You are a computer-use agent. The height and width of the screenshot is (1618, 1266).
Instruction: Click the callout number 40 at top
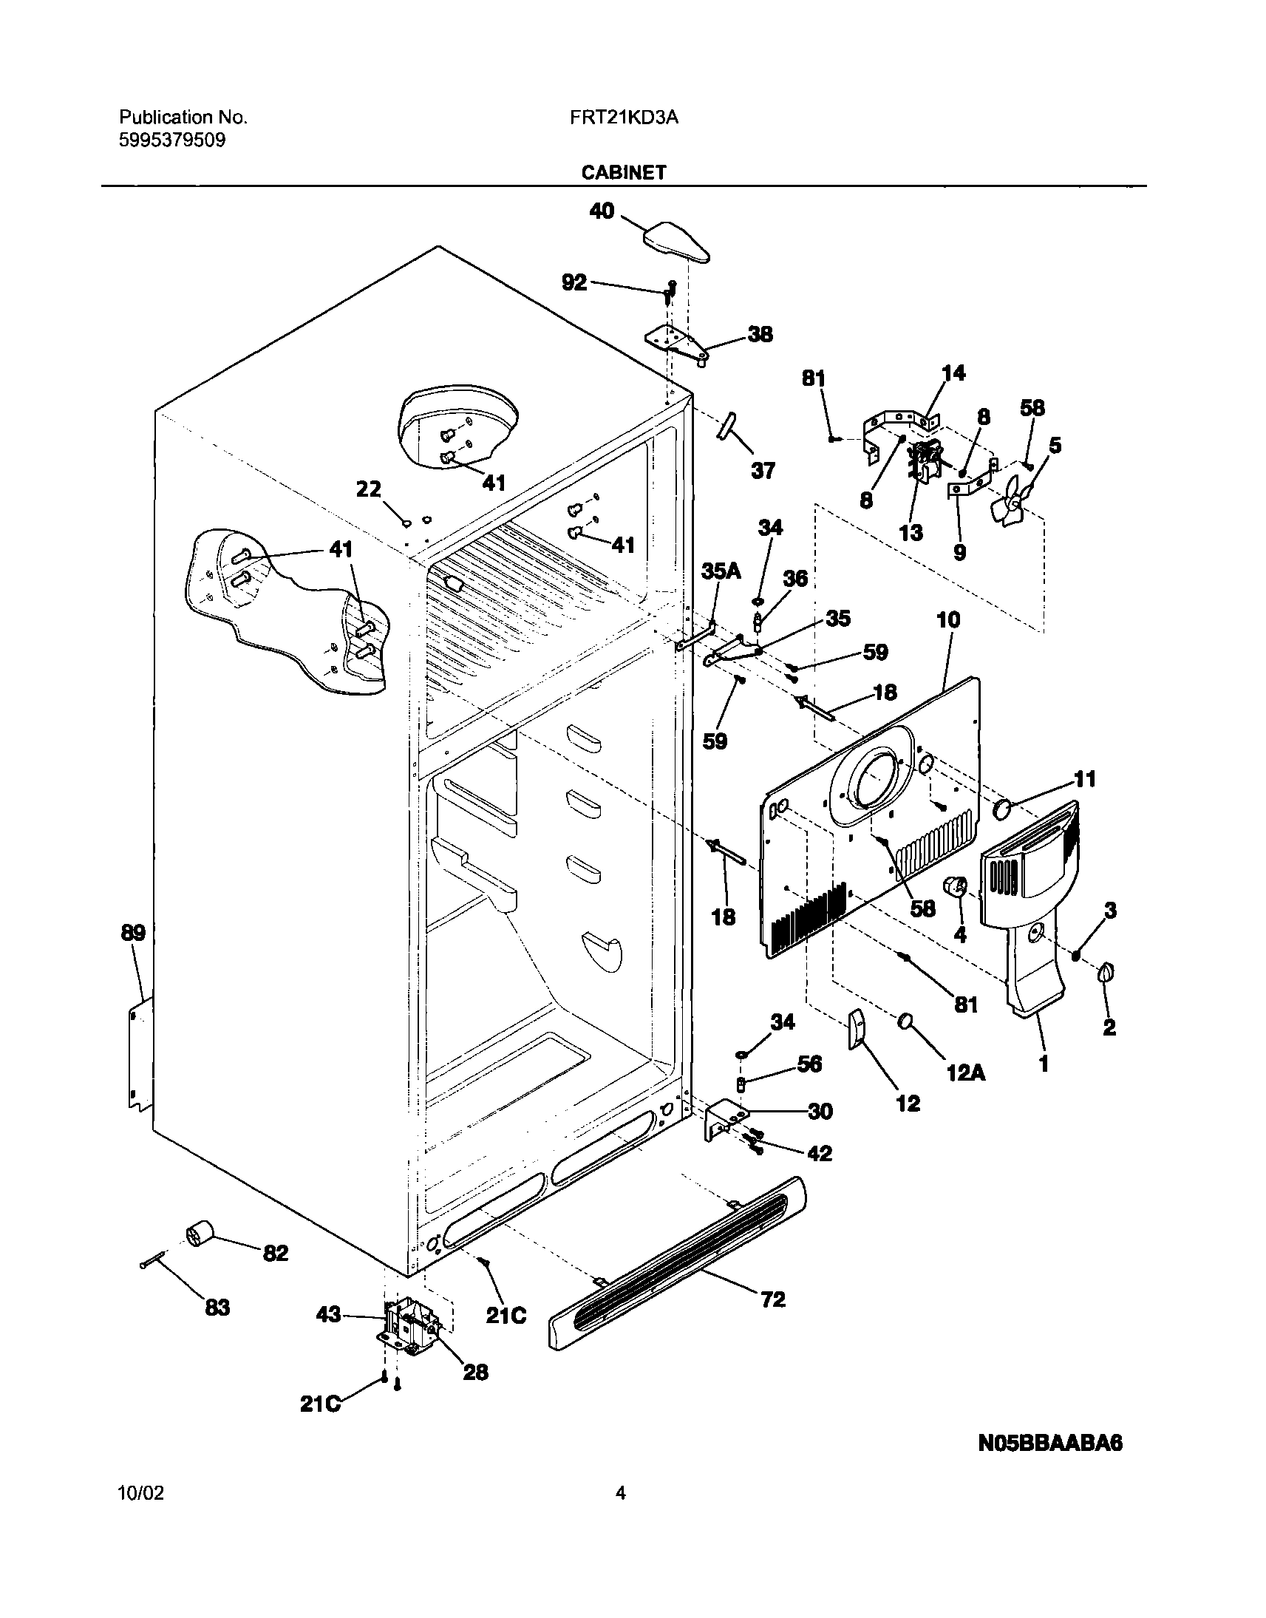tap(601, 211)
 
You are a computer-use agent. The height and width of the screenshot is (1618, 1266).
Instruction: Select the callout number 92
tap(574, 282)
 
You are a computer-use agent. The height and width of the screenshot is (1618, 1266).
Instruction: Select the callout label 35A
tap(721, 571)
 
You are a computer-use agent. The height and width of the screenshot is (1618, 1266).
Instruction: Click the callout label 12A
tap(966, 1073)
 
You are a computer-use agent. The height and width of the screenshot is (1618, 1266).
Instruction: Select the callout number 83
tap(217, 1308)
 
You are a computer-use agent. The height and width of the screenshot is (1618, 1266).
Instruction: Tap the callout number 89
tap(134, 932)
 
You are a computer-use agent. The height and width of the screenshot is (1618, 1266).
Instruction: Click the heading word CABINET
tap(623, 173)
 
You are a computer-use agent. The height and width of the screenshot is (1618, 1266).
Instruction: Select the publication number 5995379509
tap(172, 140)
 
